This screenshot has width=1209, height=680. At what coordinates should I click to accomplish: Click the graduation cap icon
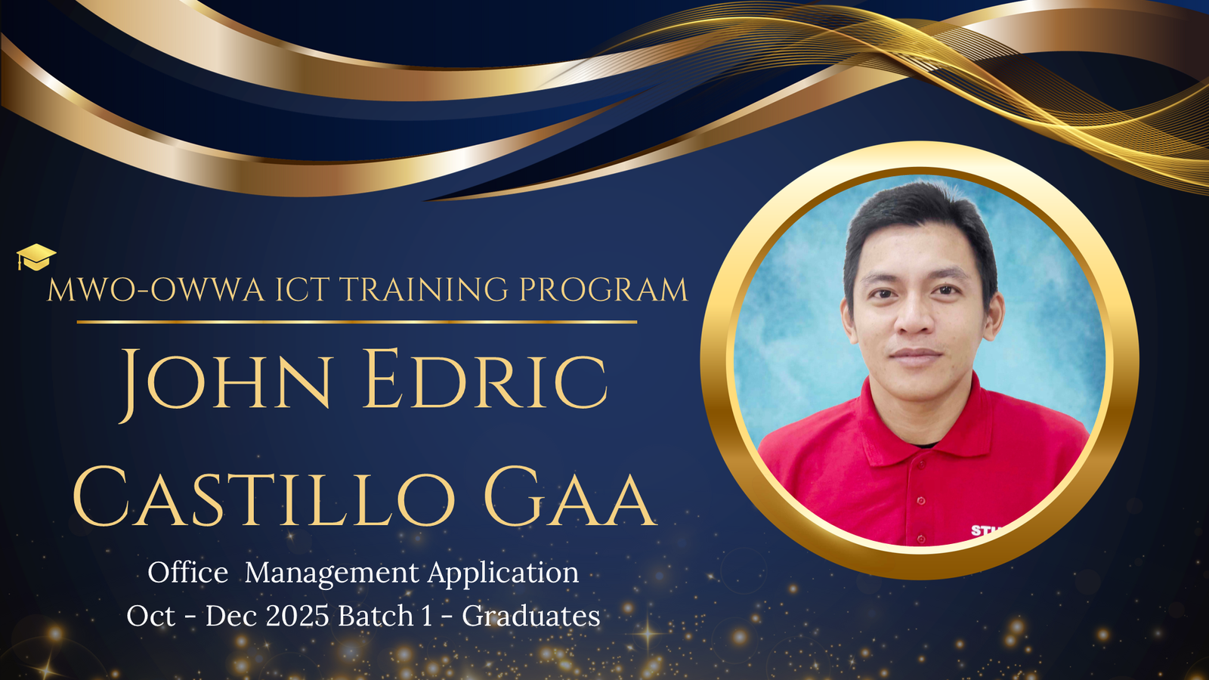point(36,257)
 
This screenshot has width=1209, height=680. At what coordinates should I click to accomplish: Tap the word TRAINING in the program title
point(424,289)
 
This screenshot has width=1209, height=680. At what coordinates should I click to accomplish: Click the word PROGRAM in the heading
point(604,289)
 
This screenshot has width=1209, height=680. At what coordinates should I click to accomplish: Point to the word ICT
point(302,289)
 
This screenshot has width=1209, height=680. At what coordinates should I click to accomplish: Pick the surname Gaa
point(570,496)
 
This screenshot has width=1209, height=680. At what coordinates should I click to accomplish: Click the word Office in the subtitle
point(188,572)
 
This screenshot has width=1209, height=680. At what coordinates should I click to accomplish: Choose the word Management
point(332,573)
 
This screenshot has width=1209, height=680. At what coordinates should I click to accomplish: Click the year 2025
point(298,616)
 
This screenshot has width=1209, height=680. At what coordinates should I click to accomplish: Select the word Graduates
point(530,616)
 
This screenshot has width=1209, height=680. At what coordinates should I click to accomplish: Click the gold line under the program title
point(357,322)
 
